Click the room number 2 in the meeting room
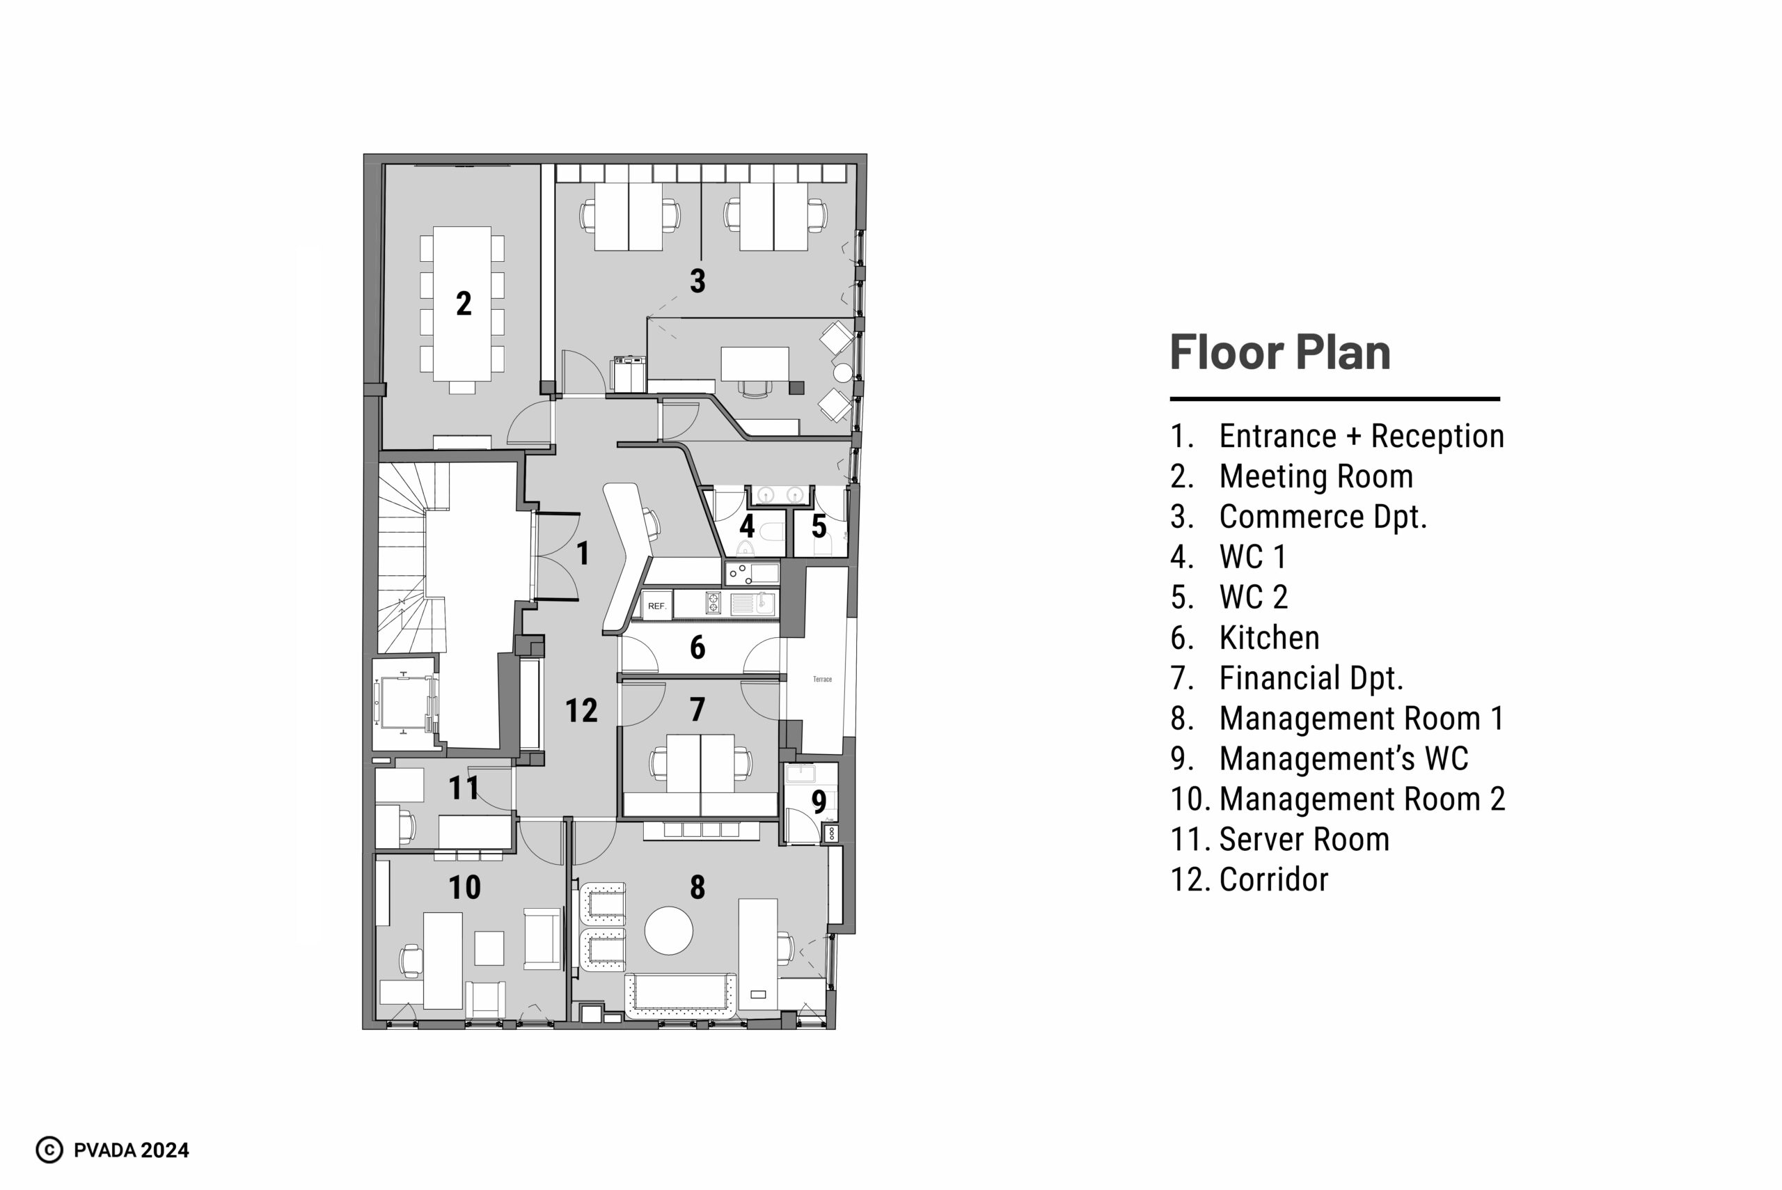(x=464, y=304)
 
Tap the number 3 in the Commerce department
(x=698, y=281)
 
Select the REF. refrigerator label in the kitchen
(x=657, y=606)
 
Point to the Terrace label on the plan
(x=822, y=679)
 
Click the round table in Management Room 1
(x=668, y=930)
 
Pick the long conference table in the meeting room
(x=462, y=304)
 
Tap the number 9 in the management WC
(x=819, y=801)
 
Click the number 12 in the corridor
(x=582, y=710)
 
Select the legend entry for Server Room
(x=1280, y=839)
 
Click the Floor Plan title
(x=1281, y=352)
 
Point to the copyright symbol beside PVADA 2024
(x=49, y=1150)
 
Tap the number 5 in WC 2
(x=819, y=526)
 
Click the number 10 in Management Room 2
(x=464, y=887)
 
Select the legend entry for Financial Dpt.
(x=1286, y=678)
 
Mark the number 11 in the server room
(x=464, y=788)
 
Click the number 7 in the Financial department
(x=698, y=710)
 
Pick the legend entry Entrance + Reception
(x=1337, y=437)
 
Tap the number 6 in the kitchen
(x=698, y=648)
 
